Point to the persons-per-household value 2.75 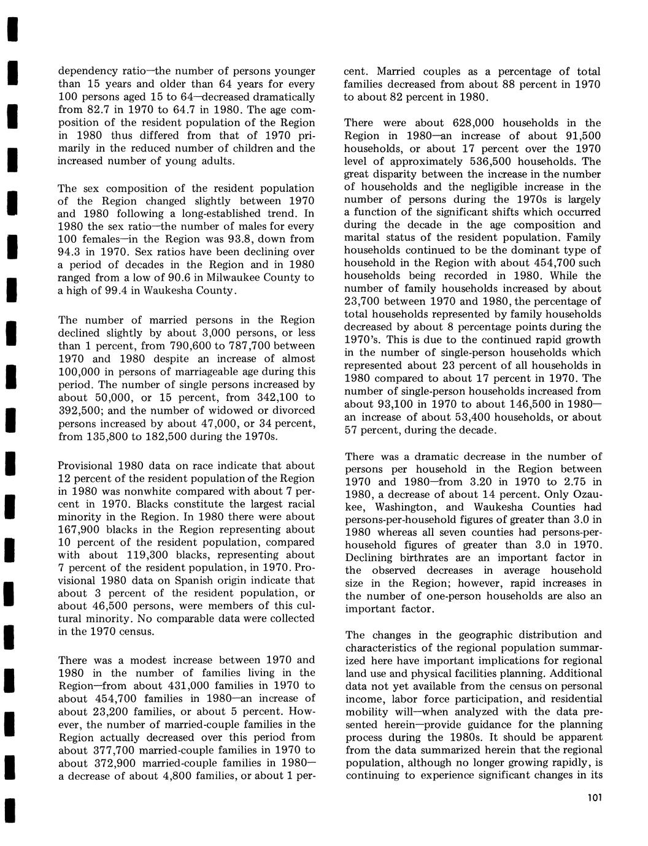569,482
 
